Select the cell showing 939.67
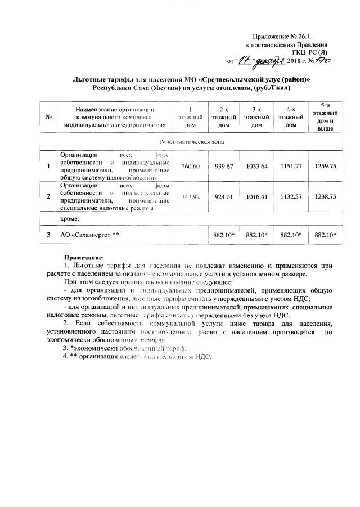224,166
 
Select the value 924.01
224,197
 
